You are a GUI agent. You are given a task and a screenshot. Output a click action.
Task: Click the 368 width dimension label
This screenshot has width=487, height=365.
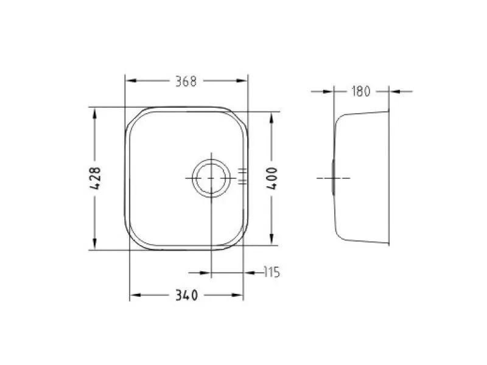pyautogui.click(x=186, y=82)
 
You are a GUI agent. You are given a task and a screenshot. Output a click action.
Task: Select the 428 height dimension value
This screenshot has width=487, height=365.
pyautogui.click(x=95, y=178)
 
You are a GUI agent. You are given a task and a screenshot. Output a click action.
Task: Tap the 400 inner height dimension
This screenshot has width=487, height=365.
pyautogui.click(x=272, y=178)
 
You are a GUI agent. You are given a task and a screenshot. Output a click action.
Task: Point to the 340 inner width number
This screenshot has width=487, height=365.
pyautogui.click(x=186, y=295)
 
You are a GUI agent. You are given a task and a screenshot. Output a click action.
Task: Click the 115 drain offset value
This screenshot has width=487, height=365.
pyautogui.click(x=272, y=272)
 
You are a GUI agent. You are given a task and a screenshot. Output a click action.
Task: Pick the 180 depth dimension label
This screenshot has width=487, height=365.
pyautogui.click(x=361, y=92)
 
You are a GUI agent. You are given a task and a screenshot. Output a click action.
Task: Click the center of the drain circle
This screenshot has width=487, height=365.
pyautogui.click(x=211, y=178)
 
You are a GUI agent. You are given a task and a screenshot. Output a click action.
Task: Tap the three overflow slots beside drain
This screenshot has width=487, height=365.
pyautogui.click(x=242, y=176)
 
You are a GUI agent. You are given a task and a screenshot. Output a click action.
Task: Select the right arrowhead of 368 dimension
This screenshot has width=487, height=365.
pyautogui.click(x=242, y=81)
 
